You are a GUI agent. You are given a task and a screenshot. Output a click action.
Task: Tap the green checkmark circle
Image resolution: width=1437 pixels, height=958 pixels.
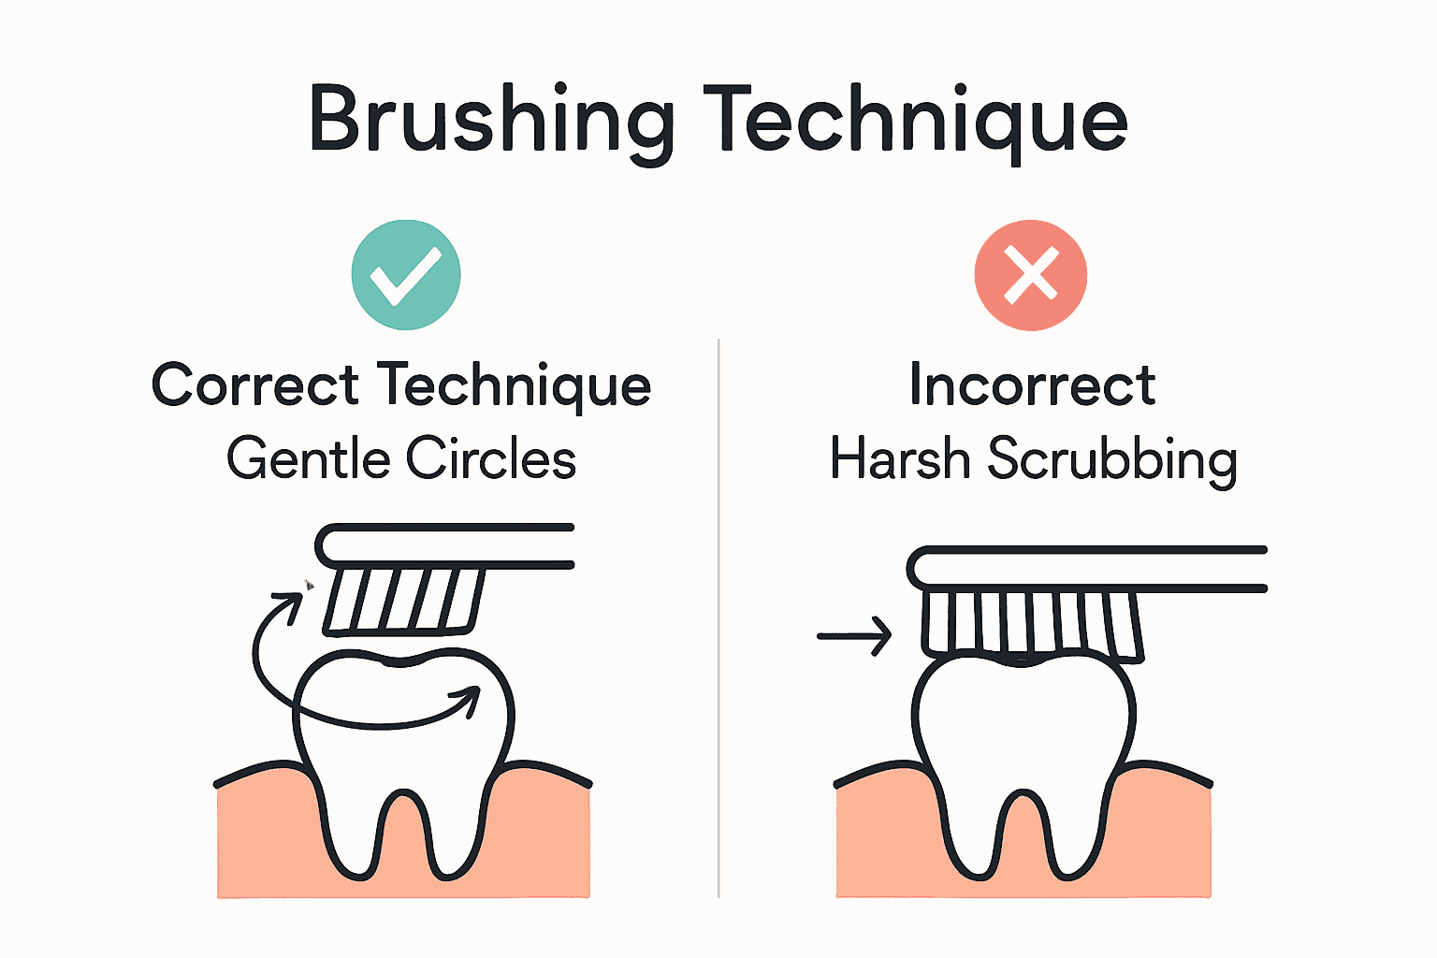(406, 275)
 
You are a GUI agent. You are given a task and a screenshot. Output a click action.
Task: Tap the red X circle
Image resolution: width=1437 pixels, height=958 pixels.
(1031, 275)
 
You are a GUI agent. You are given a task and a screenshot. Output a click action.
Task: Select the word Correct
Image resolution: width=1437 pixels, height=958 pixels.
(254, 385)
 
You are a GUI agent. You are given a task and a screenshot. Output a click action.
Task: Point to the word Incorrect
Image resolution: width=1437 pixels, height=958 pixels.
(1032, 385)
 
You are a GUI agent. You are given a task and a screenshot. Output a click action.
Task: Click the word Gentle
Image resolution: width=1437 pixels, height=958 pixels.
(309, 458)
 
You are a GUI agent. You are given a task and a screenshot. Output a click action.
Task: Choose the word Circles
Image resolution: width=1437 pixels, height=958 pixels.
(491, 458)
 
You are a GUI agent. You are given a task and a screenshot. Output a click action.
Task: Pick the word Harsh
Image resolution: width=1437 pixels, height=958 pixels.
(899, 458)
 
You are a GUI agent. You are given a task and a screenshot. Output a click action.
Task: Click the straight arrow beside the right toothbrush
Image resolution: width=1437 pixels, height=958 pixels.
(854, 636)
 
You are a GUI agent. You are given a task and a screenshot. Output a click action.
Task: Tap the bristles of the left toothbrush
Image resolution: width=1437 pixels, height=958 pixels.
(403, 602)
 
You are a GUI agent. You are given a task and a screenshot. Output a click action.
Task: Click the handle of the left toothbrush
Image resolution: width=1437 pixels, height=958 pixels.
(444, 546)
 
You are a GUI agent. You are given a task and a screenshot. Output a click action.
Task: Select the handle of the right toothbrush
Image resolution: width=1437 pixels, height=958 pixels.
(1087, 569)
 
